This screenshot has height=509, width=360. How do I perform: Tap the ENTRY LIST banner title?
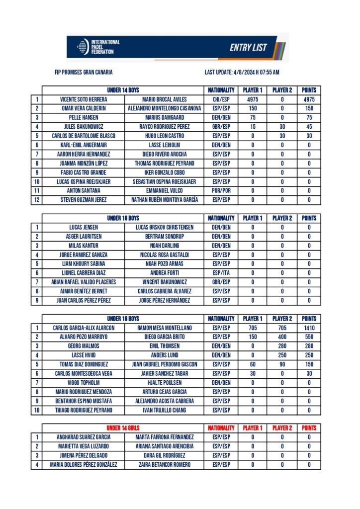pos(248,48)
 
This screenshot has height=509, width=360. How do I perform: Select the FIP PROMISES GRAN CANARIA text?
pos(84,72)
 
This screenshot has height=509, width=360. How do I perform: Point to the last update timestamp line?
pos(242,72)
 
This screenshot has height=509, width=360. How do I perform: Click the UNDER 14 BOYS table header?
pos(123,90)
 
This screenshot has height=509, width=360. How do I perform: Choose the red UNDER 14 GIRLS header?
pos(123,428)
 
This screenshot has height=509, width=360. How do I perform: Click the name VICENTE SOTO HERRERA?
pos(83,99)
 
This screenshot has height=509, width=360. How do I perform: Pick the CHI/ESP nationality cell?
pos(221,99)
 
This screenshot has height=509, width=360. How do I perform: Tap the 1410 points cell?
pos(309,328)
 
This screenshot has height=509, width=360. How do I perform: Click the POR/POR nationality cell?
pos(221,190)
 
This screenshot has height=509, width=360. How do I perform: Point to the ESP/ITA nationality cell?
pos(221,273)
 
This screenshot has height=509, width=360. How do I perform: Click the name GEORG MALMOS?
pos(84,346)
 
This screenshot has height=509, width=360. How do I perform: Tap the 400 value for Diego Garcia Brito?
pos(282,337)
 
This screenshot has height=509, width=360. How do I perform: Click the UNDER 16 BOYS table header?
pos(123,218)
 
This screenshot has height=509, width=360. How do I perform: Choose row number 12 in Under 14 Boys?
pos(36,200)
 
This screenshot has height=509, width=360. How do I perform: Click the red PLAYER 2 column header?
pos(282,428)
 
